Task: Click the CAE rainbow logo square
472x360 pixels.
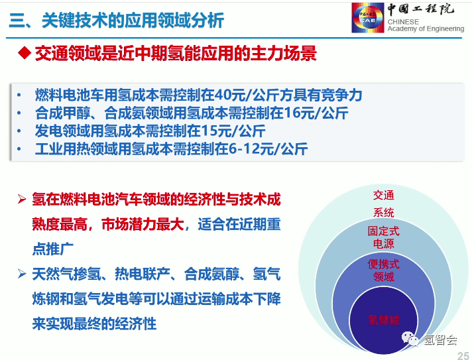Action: tap(368, 17)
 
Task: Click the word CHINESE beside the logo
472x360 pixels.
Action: tap(403, 22)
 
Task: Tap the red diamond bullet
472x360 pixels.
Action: tap(25, 53)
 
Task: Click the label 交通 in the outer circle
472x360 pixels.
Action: tap(383, 195)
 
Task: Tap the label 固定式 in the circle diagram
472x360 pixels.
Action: tap(383, 231)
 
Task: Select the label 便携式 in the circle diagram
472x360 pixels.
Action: tap(383, 264)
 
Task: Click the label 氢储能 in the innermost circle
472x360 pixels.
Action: tap(383, 320)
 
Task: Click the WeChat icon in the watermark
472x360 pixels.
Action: tap(410, 339)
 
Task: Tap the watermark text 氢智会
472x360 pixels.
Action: tap(440, 339)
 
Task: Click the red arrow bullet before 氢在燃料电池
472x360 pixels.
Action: tap(22, 199)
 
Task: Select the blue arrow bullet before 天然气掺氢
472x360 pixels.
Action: tap(22, 274)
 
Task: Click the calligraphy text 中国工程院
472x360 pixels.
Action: tap(421, 9)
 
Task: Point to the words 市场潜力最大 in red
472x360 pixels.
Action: tap(143, 224)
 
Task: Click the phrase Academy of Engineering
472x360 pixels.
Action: tap(426, 29)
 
